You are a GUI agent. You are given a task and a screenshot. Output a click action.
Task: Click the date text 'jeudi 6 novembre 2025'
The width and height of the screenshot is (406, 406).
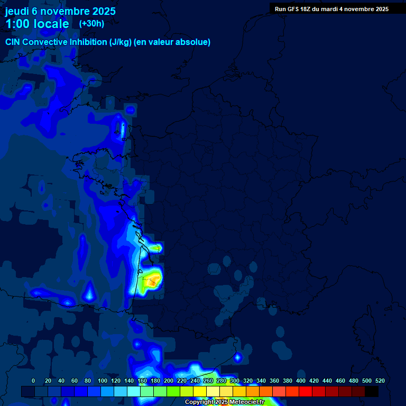tap(60, 11)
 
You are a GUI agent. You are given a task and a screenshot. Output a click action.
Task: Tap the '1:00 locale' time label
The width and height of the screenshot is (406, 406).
tap(37, 24)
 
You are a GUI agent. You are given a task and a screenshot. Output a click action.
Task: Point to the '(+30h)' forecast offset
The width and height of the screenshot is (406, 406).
tap(91, 24)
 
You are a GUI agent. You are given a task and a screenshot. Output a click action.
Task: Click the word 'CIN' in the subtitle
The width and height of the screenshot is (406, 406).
tap(13, 42)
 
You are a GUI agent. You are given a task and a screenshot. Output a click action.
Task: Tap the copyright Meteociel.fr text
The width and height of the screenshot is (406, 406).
tap(225, 402)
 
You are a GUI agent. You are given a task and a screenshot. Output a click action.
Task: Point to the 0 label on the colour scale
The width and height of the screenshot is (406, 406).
tap(33, 381)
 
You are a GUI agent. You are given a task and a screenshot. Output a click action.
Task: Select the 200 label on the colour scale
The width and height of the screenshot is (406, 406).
tap(169, 381)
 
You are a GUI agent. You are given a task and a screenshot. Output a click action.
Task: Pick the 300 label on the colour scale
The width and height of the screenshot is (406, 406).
tap(235, 381)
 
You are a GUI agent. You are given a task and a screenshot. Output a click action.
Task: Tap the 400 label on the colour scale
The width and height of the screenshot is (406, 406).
tap(301, 381)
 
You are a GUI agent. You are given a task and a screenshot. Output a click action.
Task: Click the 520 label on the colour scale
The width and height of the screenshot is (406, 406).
tap(380, 381)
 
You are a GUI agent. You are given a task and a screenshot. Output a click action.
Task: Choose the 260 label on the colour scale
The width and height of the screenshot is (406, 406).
tap(208, 381)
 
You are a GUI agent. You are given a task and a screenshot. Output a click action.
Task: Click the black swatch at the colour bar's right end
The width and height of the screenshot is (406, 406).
tap(372, 391)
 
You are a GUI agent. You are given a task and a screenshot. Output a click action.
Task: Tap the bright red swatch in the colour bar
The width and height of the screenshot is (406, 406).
tap(306, 391)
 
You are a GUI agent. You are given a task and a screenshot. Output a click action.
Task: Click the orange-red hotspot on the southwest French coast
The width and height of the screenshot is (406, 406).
tap(152, 283)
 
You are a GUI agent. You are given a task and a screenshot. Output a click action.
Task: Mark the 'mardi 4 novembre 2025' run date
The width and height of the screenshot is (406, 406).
tap(358, 9)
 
